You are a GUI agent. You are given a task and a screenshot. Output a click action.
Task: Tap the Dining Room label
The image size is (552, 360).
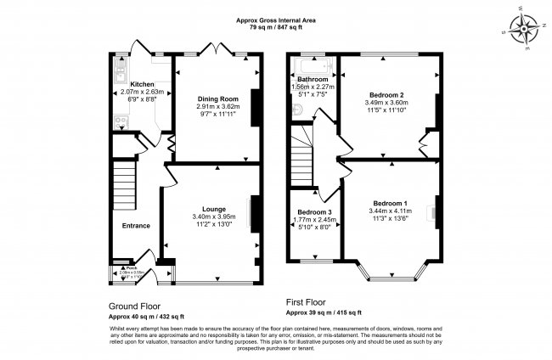click(x=211, y=98)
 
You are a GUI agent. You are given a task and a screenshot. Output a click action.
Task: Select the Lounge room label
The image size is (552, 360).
click(x=212, y=208)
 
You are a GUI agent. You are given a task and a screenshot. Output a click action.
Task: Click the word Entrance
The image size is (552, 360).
click(x=136, y=225)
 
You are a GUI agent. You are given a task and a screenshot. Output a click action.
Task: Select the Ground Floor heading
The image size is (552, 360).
click(x=135, y=306)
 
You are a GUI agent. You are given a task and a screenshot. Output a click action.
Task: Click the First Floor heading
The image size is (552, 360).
click(x=312, y=301)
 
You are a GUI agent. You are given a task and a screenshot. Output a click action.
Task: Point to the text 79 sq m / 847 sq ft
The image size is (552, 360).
click(x=276, y=28)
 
